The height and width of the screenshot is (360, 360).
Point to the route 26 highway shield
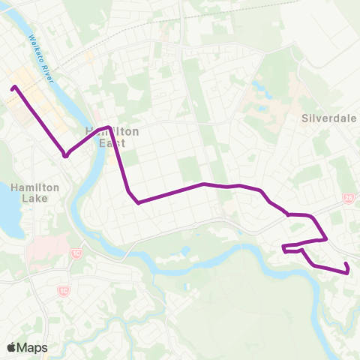coord(348,198)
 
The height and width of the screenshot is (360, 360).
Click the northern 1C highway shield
coord(76,254)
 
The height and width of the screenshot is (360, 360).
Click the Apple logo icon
coord(12,347)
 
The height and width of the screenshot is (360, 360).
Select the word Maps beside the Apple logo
coord(32,348)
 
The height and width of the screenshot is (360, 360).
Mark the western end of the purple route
coord(13,88)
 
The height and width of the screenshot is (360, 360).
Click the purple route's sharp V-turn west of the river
coord(66,156)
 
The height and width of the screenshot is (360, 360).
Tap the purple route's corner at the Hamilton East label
coord(110,127)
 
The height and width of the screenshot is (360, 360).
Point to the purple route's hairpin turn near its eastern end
coord(283,248)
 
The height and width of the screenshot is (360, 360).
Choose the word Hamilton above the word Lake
coord(31,187)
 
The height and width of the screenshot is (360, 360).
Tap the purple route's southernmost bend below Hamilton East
coord(138,202)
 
